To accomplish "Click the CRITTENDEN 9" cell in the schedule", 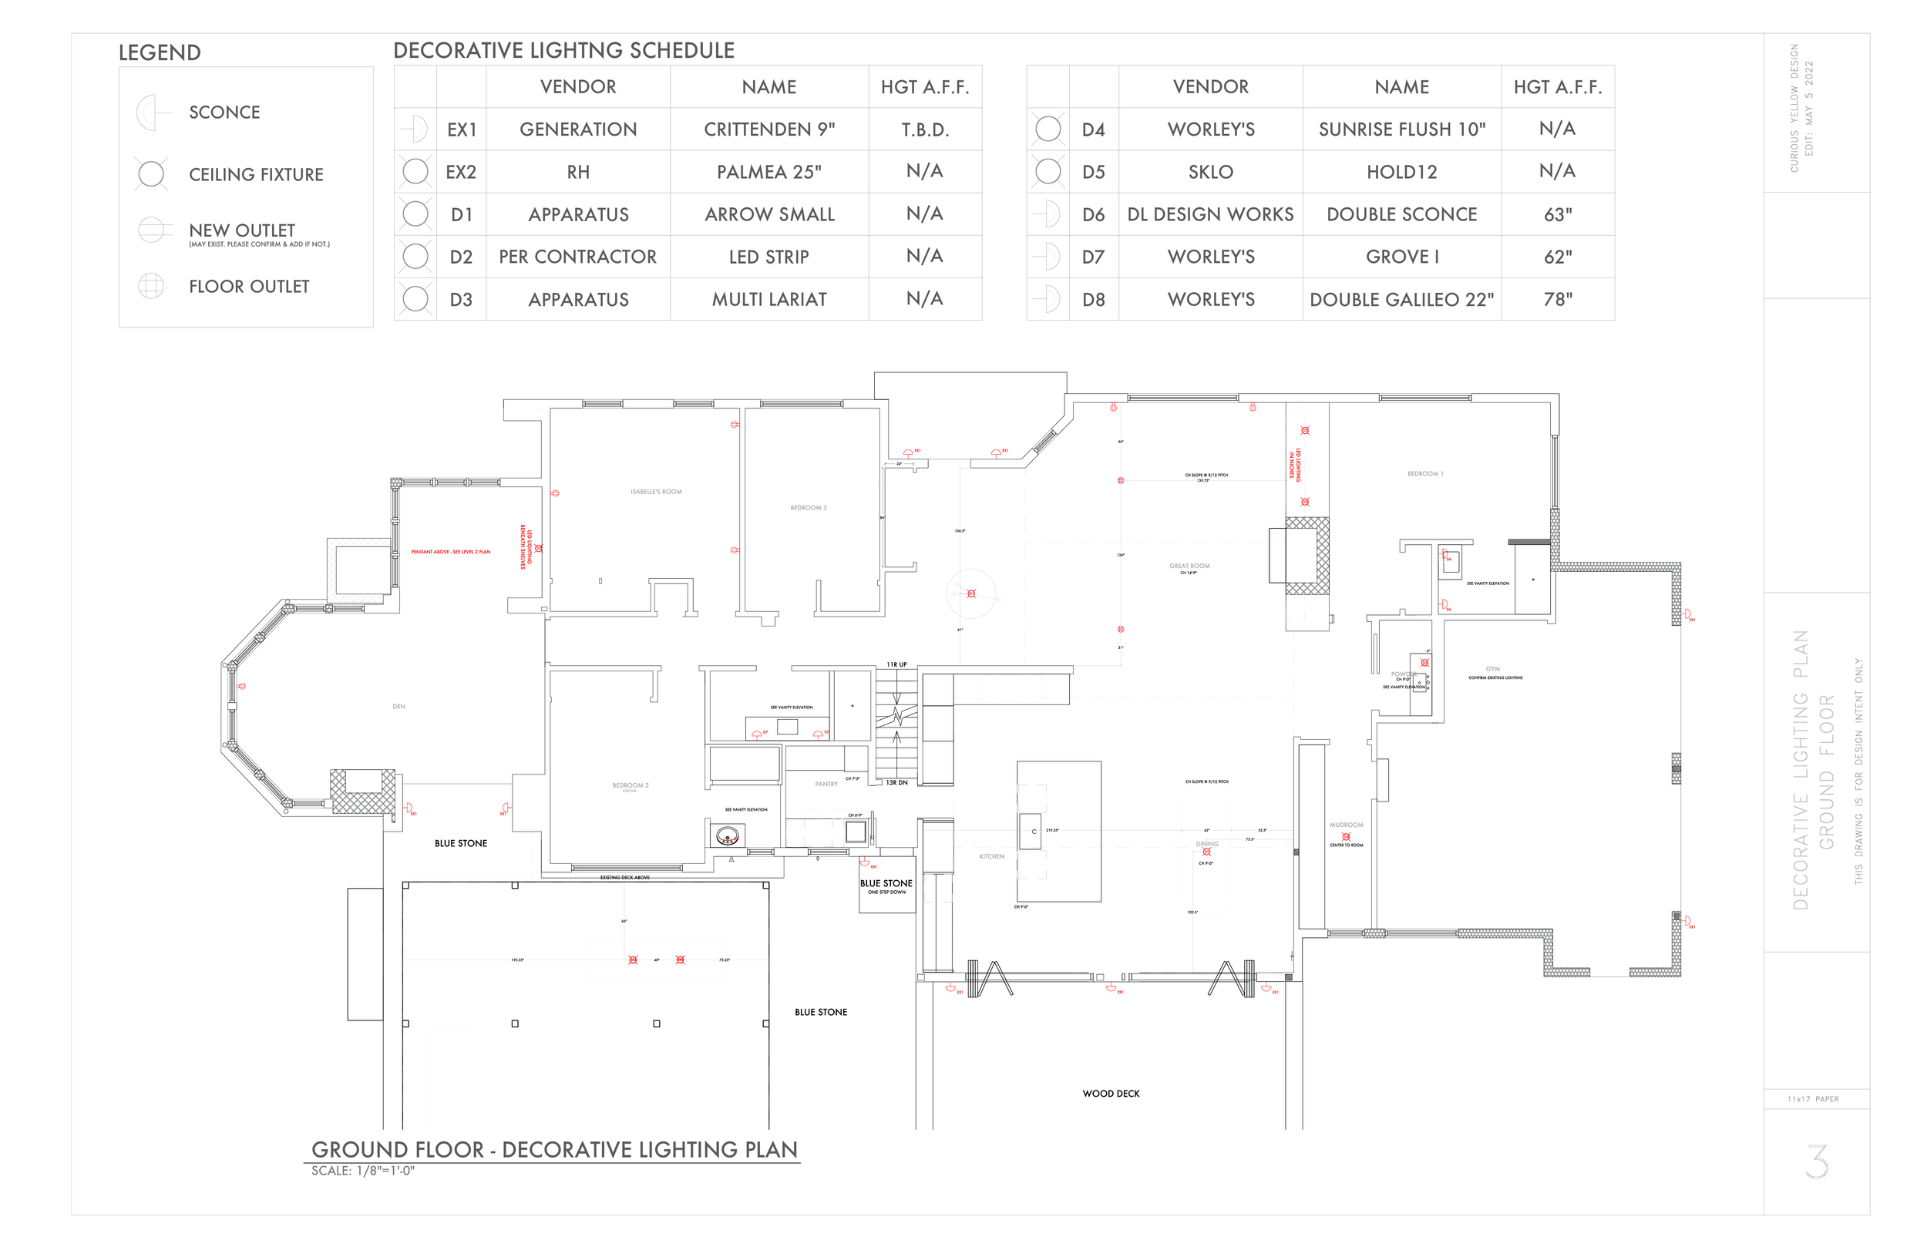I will pos(768,129).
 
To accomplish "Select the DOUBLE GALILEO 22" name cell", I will pos(1401,300).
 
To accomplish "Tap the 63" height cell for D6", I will pos(1557,214).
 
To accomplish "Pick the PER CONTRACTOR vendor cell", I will pos(577,257).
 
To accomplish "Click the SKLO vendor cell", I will pos(1210,172).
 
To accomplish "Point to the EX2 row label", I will pos(461,172).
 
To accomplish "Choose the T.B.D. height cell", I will pos(925,129).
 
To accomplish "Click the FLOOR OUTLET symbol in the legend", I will pos(151,286).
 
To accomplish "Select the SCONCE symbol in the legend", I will pos(151,113).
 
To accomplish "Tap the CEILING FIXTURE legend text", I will pos(256,175).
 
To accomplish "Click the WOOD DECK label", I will pos(1111,1093).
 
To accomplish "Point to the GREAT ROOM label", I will pos(1189,566).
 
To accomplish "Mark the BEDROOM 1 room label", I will pos(1425,474).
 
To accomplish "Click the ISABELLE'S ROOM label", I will pos(656,492).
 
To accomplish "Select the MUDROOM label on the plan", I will pos(1346,825).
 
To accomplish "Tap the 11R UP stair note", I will pos(896,665).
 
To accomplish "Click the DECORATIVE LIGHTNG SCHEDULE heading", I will pos(563,51).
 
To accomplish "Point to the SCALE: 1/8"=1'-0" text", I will pos(363,1171).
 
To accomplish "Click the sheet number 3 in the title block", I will pos(1817,1161).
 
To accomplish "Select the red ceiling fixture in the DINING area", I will pos(1206,852).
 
